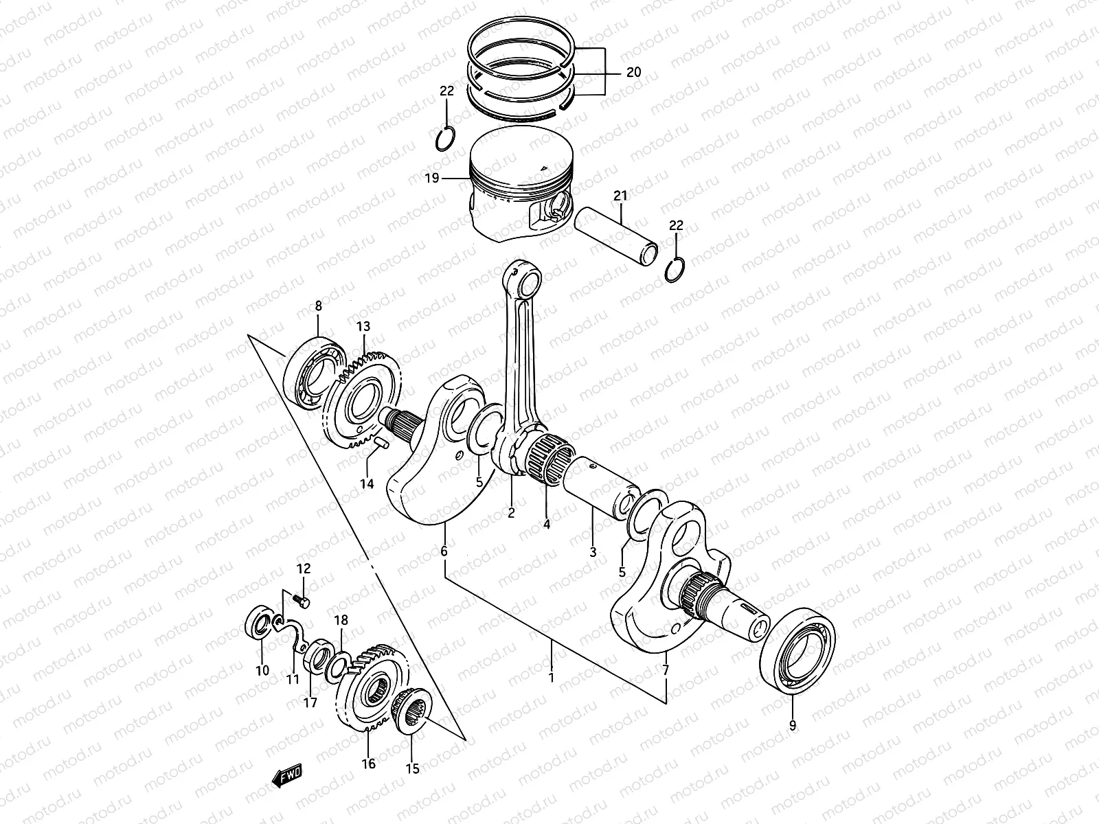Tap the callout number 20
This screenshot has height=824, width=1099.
633,72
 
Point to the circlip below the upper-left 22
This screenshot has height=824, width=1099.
445,138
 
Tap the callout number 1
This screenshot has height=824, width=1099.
551,678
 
